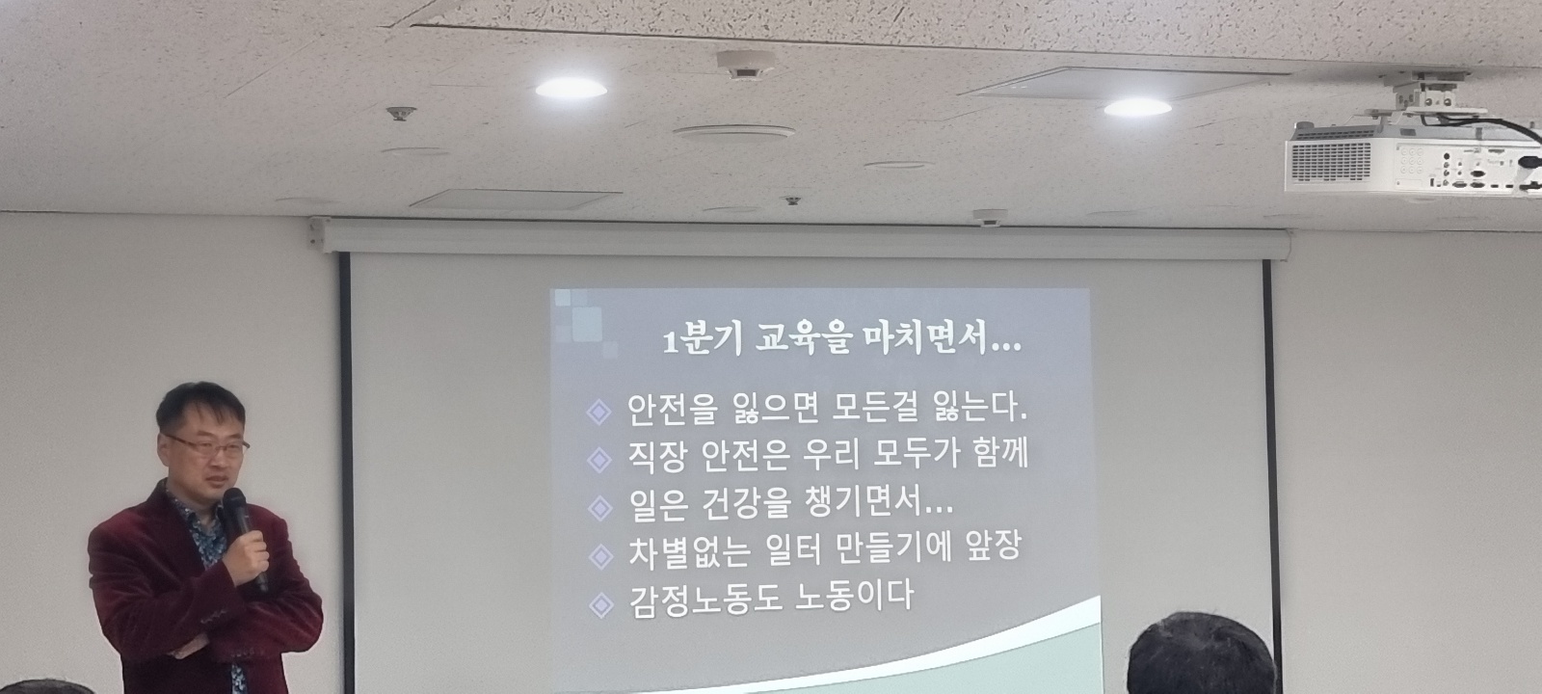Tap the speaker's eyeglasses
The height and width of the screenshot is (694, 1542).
(x=207, y=446)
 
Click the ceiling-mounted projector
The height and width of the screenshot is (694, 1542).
(x=1412, y=148)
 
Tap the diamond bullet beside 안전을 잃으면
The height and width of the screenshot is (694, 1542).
(x=598, y=413)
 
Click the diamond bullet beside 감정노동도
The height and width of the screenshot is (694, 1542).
(x=601, y=605)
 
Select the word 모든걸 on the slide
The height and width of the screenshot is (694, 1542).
(x=875, y=409)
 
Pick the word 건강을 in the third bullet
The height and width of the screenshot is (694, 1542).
(x=746, y=504)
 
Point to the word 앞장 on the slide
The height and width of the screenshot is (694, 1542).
(x=992, y=546)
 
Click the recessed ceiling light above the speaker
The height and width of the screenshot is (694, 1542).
(x=571, y=88)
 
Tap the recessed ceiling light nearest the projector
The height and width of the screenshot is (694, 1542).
(x=1137, y=107)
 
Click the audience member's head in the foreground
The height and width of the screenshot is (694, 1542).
(x=1201, y=654)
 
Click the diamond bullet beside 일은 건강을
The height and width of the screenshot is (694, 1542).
(x=600, y=508)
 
